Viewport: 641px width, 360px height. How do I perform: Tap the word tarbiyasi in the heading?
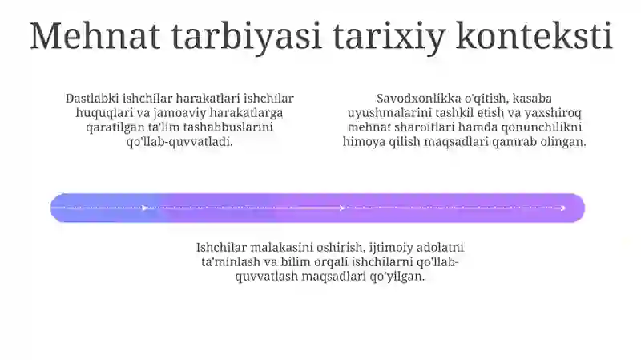click(246, 37)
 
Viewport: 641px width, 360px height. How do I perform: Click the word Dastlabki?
click(92, 99)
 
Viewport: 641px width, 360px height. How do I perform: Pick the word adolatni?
click(439, 248)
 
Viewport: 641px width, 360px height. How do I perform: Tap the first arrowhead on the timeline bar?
click(145, 208)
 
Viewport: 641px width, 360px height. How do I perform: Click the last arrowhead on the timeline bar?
click(563, 208)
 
